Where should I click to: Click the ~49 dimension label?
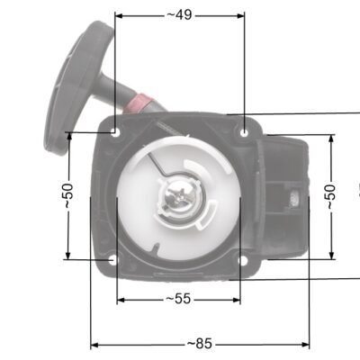(179, 15)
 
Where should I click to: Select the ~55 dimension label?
(178, 299)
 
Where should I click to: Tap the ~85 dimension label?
(200, 344)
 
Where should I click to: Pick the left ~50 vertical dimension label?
(68, 195)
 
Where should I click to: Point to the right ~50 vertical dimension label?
(331, 197)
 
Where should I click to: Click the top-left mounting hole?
(115, 131)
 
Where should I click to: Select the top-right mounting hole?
(245, 132)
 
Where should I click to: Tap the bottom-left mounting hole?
(113, 260)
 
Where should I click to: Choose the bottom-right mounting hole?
(243, 260)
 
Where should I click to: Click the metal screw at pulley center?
(179, 197)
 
